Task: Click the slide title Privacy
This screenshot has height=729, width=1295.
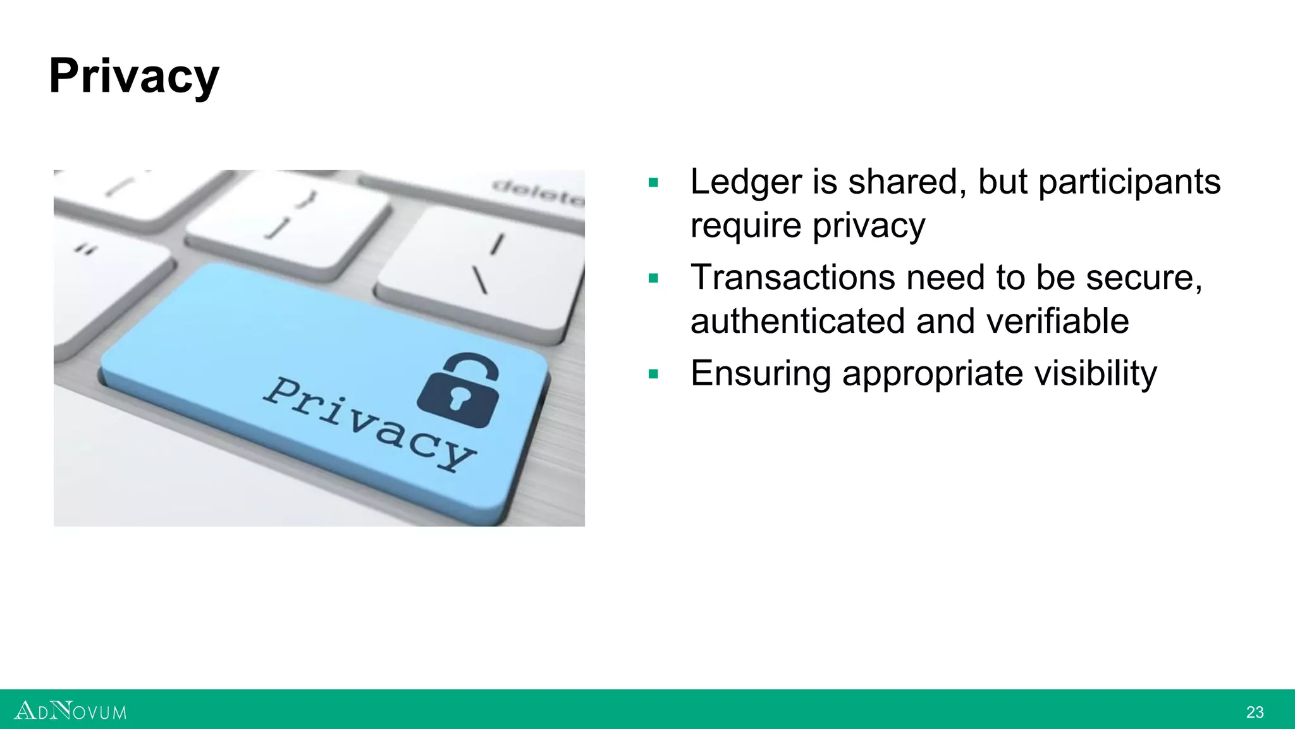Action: (134, 77)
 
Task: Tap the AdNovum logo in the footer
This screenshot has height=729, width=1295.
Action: (70, 711)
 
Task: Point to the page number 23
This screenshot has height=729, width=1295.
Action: (1255, 713)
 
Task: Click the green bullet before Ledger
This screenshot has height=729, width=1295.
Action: (654, 184)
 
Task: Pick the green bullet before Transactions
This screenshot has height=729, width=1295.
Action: (654, 278)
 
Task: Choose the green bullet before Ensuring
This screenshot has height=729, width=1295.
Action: (654, 374)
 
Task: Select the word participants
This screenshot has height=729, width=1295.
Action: (1129, 182)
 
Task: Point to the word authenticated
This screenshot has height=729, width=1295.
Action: (798, 321)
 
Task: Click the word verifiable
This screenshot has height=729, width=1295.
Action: (1057, 321)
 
